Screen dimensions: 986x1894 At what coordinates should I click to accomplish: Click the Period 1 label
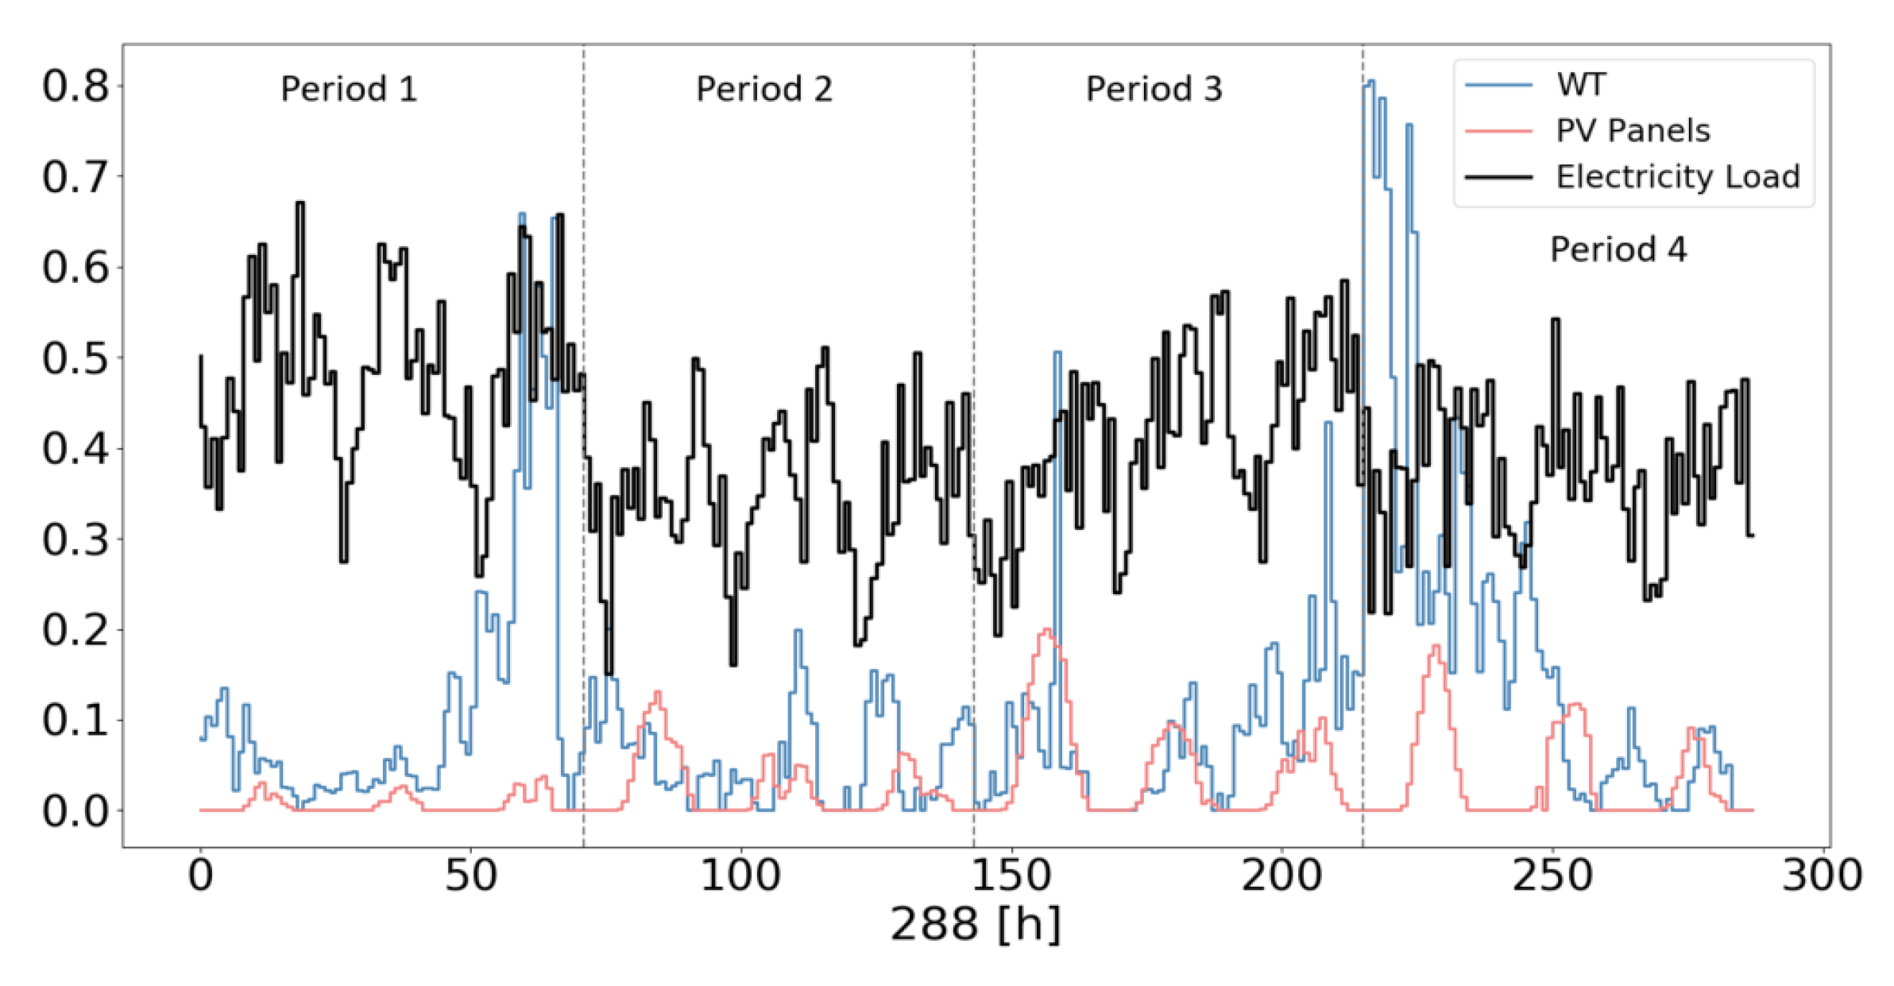(349, 89)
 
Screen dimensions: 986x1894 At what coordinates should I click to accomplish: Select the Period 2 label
(763, 89)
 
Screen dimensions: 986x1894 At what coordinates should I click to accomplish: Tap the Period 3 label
(1154, 89)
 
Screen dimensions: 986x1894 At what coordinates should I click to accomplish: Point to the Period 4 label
(1618, 249)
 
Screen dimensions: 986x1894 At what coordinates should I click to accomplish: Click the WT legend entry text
(1581, 84)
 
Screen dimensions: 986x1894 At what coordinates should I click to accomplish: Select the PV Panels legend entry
(1632, 130)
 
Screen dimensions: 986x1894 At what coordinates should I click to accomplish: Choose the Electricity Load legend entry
(1677, 176)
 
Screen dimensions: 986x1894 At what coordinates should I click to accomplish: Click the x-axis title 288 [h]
(975, 924)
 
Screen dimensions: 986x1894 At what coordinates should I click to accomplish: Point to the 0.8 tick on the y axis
(75, 86)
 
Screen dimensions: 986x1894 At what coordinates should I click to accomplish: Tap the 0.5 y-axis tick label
(75, 358)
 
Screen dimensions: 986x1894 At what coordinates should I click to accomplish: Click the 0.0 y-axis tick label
(75, 811)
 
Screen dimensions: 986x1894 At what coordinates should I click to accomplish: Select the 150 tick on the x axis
(1011, 876)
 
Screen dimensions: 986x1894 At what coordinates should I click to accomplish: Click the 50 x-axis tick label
(470, 876)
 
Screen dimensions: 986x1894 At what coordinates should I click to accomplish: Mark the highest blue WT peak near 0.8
(1369, 82)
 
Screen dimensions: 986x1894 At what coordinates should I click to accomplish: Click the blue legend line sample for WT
(1498, 84)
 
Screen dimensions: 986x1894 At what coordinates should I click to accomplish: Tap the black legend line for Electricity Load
(1498, 176)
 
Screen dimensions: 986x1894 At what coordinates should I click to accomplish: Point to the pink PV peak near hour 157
(1047, 630)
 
